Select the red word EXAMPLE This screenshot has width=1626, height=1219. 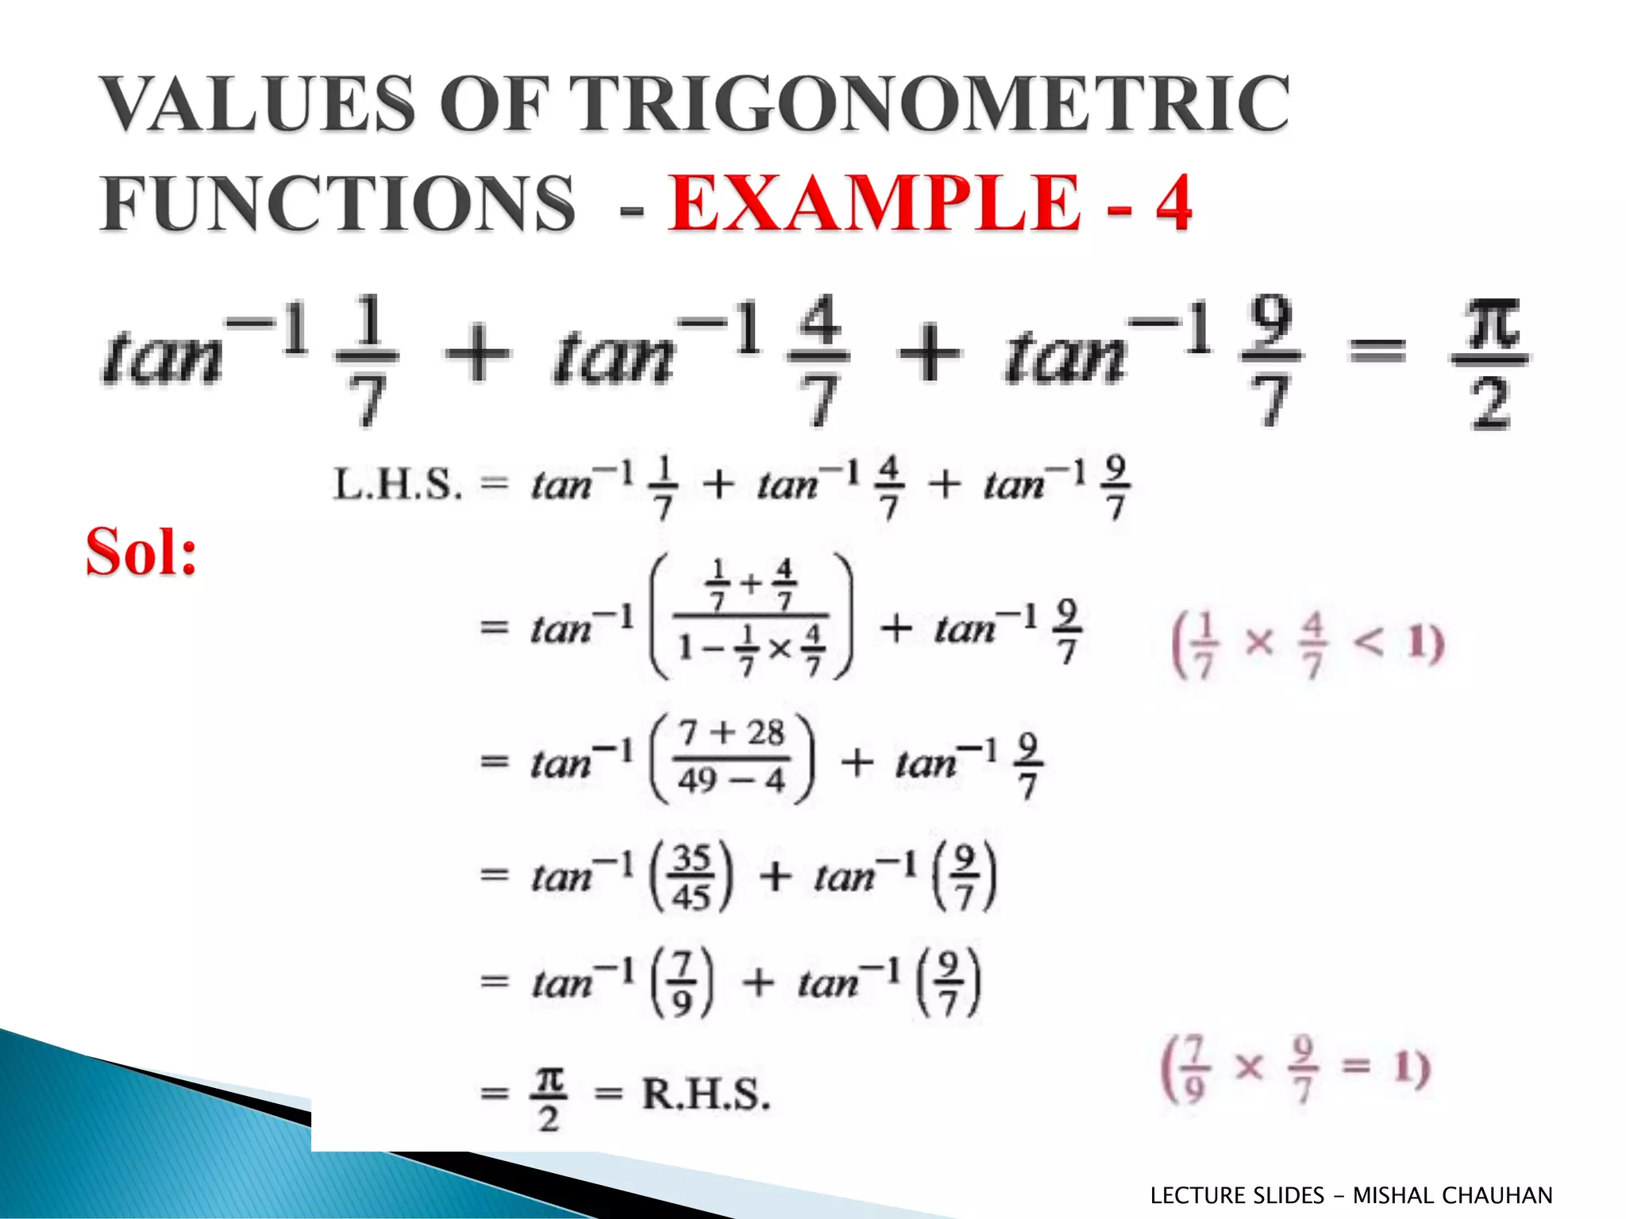point(873,203)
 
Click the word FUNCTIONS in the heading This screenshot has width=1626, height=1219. point(337,203)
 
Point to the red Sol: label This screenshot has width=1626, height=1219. point(141,552)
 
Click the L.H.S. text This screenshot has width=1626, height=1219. point(397,484)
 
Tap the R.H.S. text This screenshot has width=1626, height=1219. point(706,1094)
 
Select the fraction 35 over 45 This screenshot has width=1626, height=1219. point(691,878)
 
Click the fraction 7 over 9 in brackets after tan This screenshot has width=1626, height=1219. point(682,984)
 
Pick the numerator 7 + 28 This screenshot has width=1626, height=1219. point(731,732)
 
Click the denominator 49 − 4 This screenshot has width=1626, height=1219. point(731,780)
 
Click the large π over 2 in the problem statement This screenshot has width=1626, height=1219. point(1491,363)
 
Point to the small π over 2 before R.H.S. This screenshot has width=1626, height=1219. point(549,1098)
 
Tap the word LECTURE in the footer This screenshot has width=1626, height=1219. point(1198,1195)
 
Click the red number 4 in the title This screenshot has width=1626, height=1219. point(1173,203)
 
